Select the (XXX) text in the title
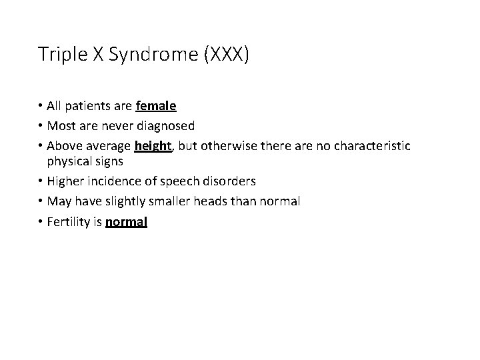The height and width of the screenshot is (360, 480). (226, 55)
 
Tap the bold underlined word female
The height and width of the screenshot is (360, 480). (155, 105)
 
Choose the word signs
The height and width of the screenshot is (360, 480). (108, 161)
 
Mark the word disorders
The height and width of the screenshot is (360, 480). (229, 181)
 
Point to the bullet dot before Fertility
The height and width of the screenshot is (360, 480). (41, 221)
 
